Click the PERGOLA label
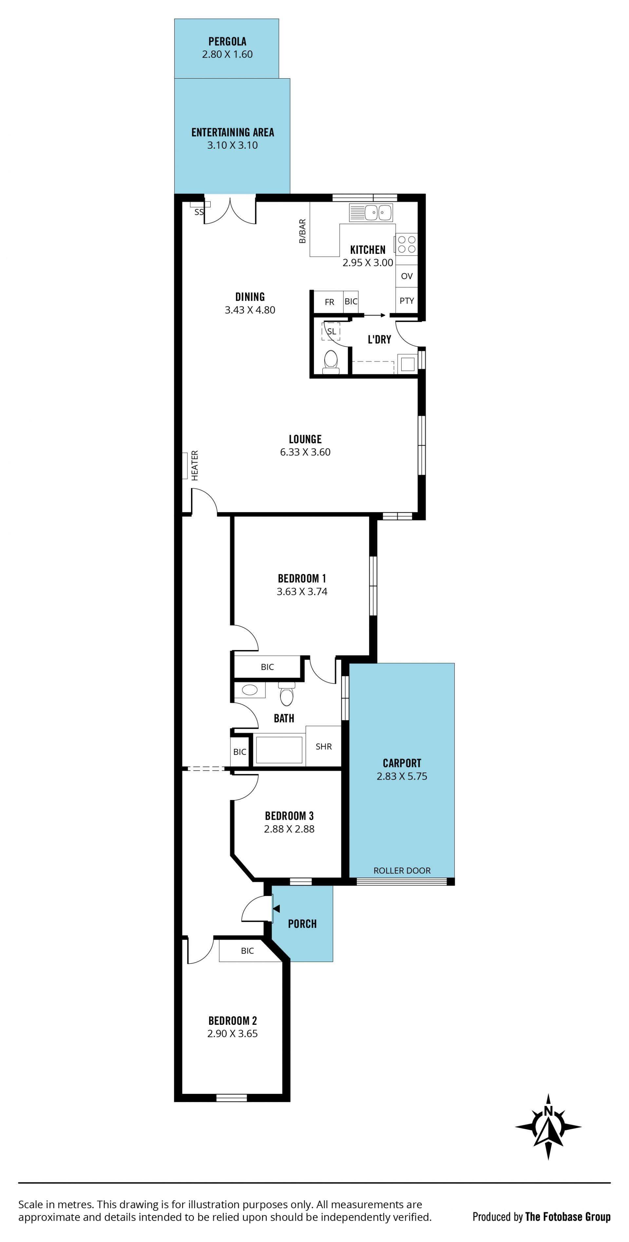coord(227,42)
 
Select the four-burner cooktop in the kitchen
coord(406,244)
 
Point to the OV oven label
coord(407,276)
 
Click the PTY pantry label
coord(407,301)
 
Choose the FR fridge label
coord(329,302)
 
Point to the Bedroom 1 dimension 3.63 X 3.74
coord(302,592)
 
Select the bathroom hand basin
coord(250,690)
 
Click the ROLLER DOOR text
coord(402,871)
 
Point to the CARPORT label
coord(402,763)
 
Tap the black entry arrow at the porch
coord(276,909)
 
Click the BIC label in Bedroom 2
coord(247,951)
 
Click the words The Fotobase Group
coord(568,1217)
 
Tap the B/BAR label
coord(302,231)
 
